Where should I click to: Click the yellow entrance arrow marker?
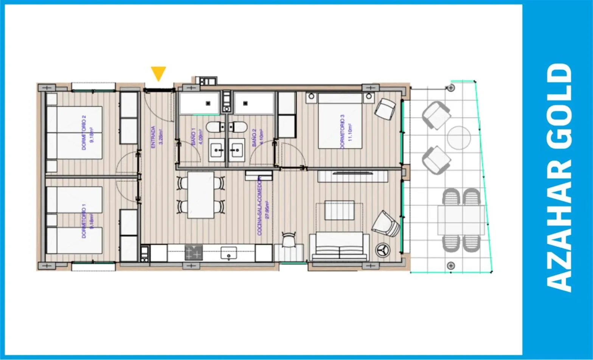158,73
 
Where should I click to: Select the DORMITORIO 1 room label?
87,221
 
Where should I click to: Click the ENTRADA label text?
156,137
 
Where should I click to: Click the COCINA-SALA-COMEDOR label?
262,206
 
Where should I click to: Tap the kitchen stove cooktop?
194,253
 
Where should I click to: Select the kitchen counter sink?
229,253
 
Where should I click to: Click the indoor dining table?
201,195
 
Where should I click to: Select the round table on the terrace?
459,137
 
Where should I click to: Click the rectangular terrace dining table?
461,220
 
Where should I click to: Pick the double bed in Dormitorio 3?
340,121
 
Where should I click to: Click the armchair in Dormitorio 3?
385,109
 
